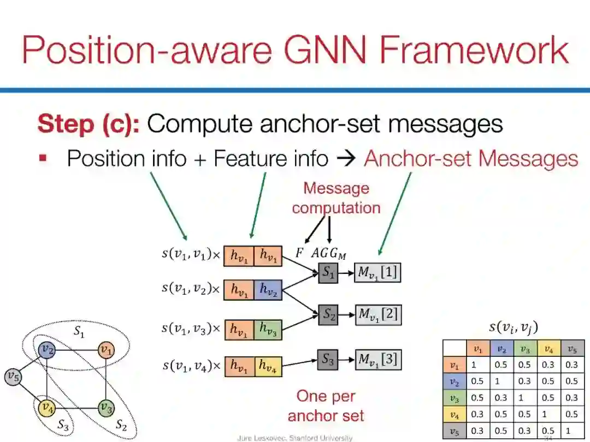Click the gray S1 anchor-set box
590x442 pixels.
click(328, 272)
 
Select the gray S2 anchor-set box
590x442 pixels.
click(328, 314)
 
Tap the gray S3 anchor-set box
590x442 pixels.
click(328, 360)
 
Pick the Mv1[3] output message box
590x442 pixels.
click(377, 360)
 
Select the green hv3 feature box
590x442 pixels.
click(268, 330)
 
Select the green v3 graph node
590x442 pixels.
click(107, 407)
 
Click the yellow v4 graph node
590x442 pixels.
click(46, 407)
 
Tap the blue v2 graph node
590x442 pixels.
click(46, 350)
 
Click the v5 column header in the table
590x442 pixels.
click(572, 349)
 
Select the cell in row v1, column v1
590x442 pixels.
click(478, 365)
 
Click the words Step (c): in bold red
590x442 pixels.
click(88, 124)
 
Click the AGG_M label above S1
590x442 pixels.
click(329, 253)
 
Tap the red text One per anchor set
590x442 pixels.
click(326, 405)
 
